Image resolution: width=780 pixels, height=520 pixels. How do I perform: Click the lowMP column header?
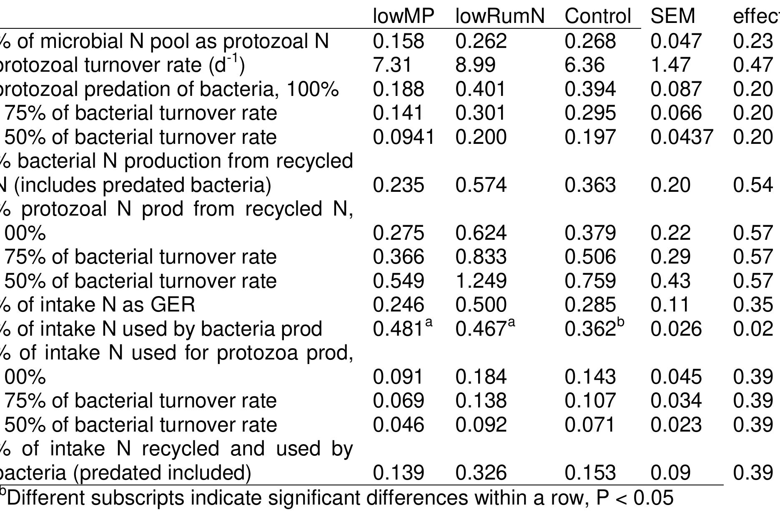coord(403,17)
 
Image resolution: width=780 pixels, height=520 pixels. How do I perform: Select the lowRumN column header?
coord(500,17)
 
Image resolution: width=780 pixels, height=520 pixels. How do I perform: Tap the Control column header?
coord(597,17)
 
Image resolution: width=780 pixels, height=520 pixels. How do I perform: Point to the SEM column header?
coord(672,17)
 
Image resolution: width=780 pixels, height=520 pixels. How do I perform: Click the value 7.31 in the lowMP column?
coord(392,65)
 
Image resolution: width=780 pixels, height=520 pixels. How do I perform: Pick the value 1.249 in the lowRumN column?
coord(481,281)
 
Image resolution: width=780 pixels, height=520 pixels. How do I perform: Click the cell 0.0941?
coord(403,137)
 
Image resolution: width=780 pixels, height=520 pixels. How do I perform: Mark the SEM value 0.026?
coord(676,329)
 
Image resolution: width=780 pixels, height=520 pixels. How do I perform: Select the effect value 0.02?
coord(752,329)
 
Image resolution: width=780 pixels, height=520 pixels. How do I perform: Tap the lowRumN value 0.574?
coord(481,185)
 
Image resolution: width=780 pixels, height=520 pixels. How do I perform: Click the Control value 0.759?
coord(590,281)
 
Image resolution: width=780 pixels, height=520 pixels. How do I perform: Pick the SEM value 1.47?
coord(670,65)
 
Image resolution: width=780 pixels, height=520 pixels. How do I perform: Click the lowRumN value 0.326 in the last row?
coord(481,473)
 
